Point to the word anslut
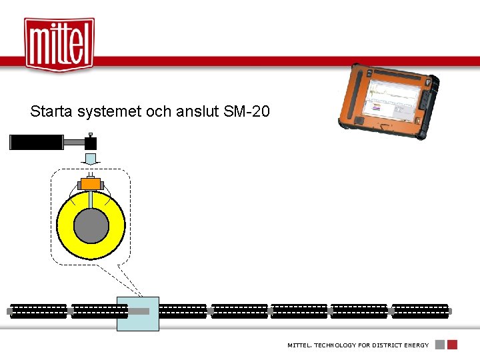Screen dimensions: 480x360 click(196, 111)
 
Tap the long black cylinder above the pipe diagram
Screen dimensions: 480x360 click(37, 142)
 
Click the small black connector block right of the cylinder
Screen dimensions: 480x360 click(91, 143)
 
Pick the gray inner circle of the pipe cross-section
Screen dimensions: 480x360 click(91, 226)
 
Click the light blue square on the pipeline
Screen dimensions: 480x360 click(138, 313)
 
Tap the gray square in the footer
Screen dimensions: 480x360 click(440, 345)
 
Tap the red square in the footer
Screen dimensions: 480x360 click(452, 345)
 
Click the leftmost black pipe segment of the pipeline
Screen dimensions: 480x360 click(39, 311)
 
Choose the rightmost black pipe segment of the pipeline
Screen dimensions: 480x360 click(419, 311)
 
